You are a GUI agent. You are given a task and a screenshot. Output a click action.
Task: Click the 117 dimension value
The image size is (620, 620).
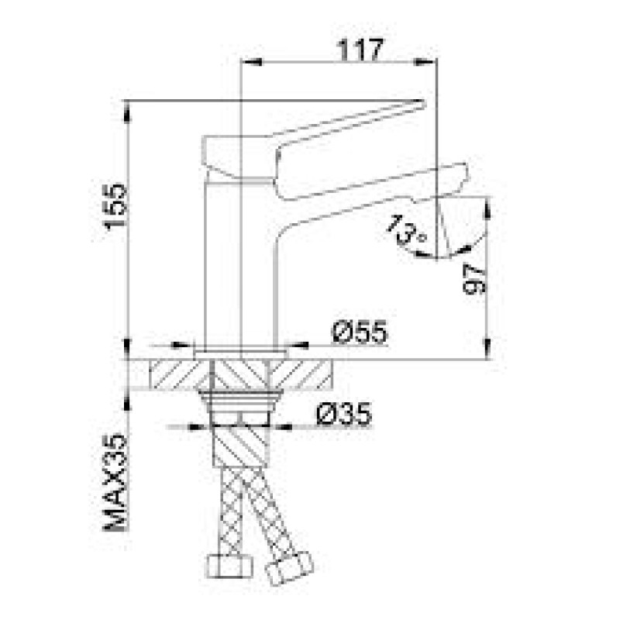tap(360, 50)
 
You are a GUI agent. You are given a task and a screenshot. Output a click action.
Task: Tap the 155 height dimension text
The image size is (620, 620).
tap(115, 206)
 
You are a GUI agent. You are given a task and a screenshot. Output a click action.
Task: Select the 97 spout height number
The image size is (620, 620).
tap(474, 279)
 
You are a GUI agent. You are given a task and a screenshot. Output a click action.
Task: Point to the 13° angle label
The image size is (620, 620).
tap(406, 229)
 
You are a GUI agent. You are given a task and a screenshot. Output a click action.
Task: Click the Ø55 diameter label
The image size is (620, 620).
tap(360, 332)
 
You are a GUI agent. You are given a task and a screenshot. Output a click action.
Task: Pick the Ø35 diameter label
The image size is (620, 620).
tap(344, 414)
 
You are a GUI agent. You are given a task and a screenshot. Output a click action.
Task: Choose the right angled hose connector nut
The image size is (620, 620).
tap(289, 567)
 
